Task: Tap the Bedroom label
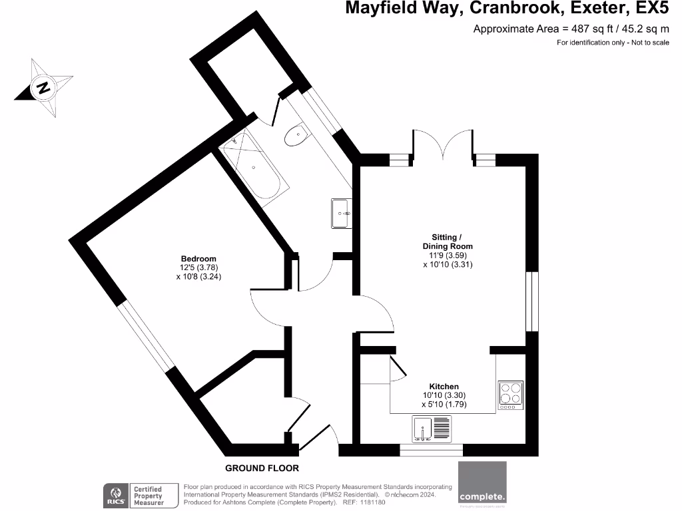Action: tap(198, 259)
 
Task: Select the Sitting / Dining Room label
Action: tap(452, 242)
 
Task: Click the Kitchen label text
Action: tap(444, 387)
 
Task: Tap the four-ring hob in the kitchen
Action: tap(511, 395)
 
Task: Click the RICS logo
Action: tap(115, 496)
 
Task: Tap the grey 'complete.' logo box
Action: tap(482, 482)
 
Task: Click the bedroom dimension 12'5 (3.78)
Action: tap(198, 268)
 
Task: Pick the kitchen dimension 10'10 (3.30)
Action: tap(444, 395)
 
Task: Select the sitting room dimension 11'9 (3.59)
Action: tap(452, 255)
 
